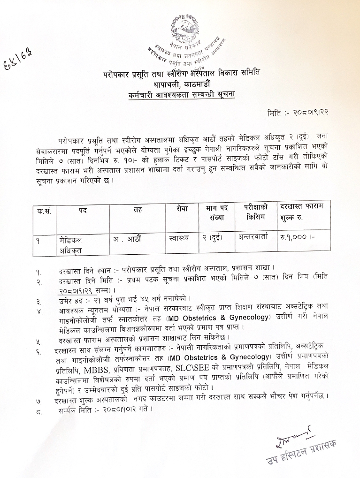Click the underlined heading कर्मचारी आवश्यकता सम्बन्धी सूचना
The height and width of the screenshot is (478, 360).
[x=182, y=95]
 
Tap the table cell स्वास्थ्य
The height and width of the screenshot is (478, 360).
[x=178, y=238]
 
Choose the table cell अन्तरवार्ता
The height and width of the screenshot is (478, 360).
[x=253, y=237]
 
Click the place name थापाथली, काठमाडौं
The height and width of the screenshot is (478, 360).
[x=181, y=85]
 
